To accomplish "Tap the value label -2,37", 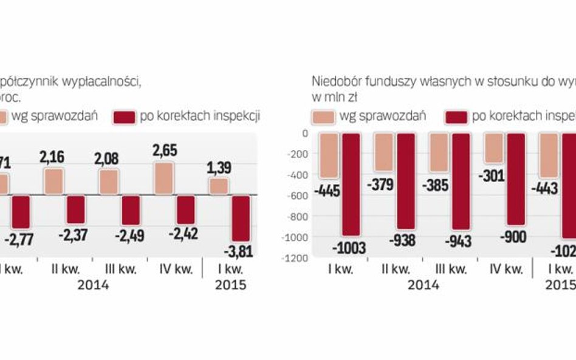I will [x=75, y=234].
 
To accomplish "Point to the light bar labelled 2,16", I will [x=53, y=182].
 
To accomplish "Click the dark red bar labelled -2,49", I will [x=131, y=211].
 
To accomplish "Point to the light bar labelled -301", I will [x=494, y=148].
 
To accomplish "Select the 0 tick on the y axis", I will [x=304, y=133].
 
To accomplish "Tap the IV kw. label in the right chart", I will [x=506, y=268].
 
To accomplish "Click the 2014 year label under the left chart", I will [x=92, y=284].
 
